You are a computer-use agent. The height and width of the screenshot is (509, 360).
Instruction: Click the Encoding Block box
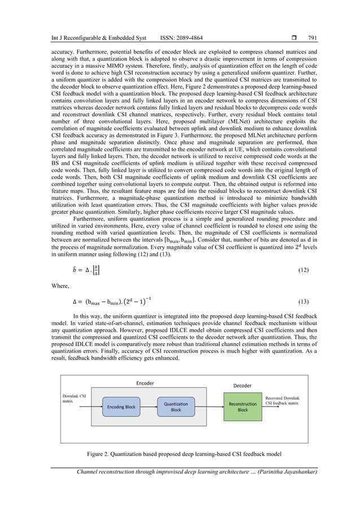(x=122, y=407)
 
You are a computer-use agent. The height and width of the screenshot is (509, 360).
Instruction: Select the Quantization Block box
(x=176, y=407)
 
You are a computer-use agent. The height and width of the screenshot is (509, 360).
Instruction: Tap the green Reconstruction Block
(x=242, y=407)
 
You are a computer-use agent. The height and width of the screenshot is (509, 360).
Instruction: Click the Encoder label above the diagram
(x=144, y=383)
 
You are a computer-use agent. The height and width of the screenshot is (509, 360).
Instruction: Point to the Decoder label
(x=243, y=385)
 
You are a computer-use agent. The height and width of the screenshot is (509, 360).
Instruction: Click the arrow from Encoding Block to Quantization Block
(x=149, y=407)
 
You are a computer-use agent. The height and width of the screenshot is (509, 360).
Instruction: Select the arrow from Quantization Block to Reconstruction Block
(x=209, y=407)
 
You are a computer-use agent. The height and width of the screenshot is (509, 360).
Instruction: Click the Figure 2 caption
(x=180, y=453)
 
